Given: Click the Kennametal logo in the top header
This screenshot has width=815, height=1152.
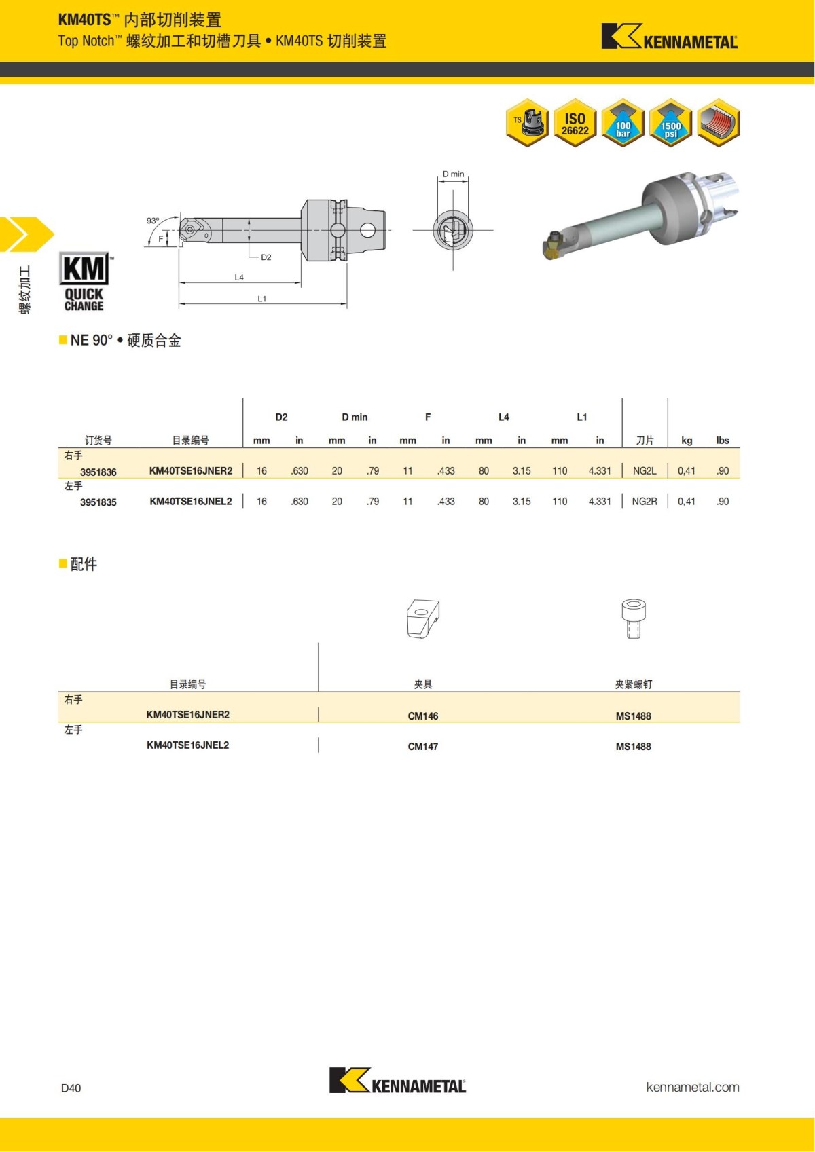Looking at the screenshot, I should coord(669,37).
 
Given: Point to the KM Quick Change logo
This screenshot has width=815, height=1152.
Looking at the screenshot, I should coord(84,282).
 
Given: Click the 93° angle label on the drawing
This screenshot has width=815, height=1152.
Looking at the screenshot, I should coord(153,221).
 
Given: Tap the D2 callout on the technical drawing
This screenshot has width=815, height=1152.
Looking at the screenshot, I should coord(266,257).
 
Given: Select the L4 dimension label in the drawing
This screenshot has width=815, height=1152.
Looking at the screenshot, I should coord(239,277).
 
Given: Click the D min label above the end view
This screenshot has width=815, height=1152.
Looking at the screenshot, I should coord(453,174).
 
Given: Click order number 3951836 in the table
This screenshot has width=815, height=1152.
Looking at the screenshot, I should coord(98,472).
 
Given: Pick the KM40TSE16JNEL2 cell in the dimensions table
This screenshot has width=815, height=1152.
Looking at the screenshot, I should coord(191,502).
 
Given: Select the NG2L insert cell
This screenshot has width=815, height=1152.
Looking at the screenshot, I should coord(645,471).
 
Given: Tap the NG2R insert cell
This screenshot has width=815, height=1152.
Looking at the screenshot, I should coord(645,502).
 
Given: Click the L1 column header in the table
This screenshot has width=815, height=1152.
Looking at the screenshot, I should coord(581,417).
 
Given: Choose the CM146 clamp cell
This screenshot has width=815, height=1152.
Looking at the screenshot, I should coord(422,716).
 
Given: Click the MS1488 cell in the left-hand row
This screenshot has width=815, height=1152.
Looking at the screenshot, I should coord(633,747).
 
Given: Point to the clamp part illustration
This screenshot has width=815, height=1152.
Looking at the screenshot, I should coord(422,618).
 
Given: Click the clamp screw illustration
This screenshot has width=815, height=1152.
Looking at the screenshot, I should coord(633,618).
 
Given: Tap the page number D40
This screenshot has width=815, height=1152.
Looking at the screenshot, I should coord(71,1088).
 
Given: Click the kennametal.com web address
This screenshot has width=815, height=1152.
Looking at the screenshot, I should coord(692,1087).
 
